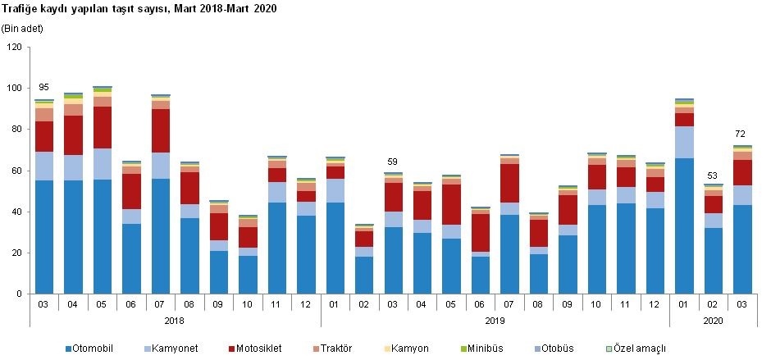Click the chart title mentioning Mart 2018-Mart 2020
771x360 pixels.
coord(139,10)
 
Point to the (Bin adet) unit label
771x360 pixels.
coord(23,29)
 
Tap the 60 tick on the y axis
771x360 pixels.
coord(16,171)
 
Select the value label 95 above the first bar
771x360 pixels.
coord(43,88)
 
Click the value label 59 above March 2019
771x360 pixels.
coord(393,162)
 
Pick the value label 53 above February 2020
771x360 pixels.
coord(713,175)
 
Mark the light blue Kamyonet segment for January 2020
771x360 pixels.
coord(683,143)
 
